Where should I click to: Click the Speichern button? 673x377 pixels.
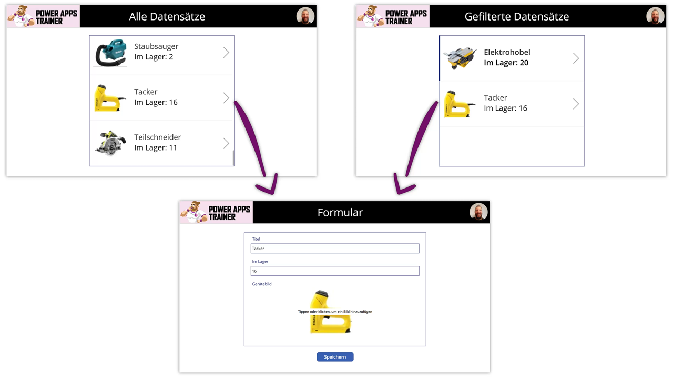click(335, 357)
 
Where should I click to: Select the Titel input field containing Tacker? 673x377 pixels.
click(335, 249)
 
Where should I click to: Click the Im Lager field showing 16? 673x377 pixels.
click(335, 271)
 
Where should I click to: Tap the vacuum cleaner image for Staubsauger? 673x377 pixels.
click(110, 53)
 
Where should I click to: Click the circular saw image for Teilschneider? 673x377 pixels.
click(110, 143)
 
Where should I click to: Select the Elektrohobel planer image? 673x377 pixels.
click(460, 58)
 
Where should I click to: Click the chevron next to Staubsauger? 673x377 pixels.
click(226, 53)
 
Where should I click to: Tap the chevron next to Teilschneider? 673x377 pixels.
click(226, 143)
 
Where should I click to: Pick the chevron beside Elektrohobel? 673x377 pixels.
click(576, 58)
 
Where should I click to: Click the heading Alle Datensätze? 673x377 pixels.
click(167, 17)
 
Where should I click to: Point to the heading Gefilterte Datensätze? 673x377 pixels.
click(516, 17)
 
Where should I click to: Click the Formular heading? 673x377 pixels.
click(340, 213)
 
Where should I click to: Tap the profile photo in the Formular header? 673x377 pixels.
click(478, 212)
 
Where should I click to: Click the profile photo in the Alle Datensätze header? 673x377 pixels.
click(305, 16)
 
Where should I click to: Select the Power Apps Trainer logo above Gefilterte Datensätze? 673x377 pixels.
click(393, 17)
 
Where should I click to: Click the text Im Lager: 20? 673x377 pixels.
click(506, 63)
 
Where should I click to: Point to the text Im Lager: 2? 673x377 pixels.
click(154, 57)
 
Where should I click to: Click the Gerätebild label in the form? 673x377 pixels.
click(262, 284)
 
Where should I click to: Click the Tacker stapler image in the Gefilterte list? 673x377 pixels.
click(458, 103)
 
